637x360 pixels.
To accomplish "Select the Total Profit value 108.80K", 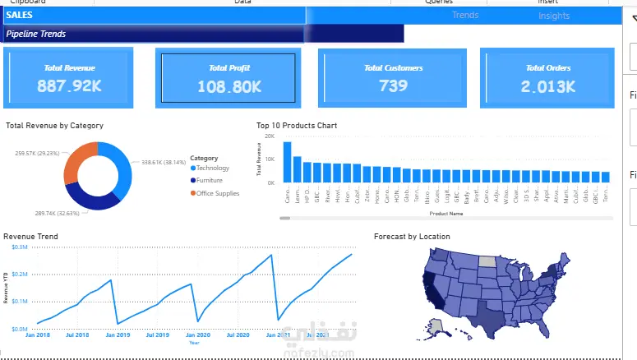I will (x=229, y=85).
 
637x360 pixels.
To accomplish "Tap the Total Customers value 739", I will (x=393, y=85).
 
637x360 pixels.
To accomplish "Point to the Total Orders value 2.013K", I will (x=548, y=85).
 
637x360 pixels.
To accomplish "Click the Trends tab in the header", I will (x=465, y=15).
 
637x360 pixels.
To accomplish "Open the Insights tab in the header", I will (x=554, y=16).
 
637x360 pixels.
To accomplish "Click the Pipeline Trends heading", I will (x=36, y=34).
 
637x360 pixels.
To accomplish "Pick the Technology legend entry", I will (x=213, y=168).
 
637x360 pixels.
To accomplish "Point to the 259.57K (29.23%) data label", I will (x=37, y=153).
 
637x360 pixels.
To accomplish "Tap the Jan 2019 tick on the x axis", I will (x=118, y=335).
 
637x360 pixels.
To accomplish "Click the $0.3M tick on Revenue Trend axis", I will (x=19, y=247).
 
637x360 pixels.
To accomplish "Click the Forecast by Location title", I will (x=412, y=237).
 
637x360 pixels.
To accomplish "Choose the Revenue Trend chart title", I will (x=30, y=237).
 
